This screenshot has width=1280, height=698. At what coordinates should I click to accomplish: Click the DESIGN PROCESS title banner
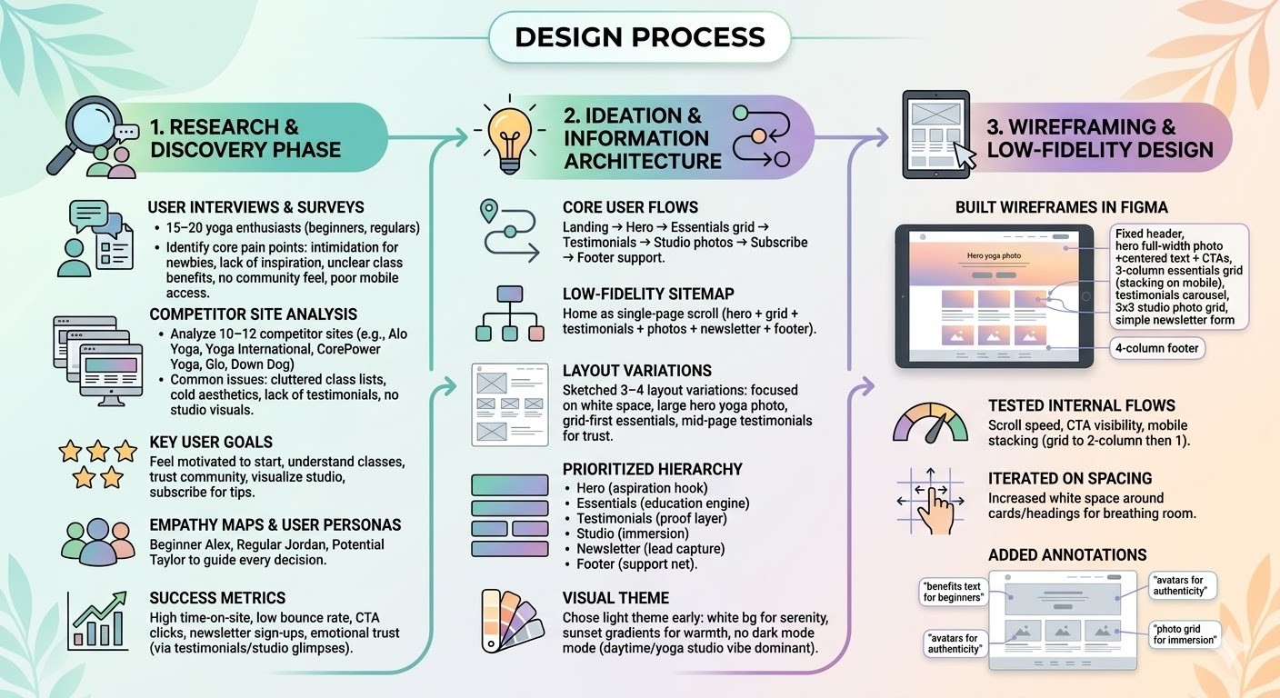point(639,37)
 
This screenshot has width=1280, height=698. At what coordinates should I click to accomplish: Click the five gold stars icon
point(96,462)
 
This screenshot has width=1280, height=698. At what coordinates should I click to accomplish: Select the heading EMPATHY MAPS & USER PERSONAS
point(275,524)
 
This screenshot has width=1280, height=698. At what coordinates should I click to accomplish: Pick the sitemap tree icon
point(509,313)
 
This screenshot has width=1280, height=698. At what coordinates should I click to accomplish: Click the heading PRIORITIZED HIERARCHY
point(652,469)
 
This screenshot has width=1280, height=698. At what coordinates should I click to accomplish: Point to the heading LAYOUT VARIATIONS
point(636,371)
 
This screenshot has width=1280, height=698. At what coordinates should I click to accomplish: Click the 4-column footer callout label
point(1157,348)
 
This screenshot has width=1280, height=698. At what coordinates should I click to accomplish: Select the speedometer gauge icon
point(929,424)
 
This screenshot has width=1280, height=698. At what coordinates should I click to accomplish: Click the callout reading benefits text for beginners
point(952,591)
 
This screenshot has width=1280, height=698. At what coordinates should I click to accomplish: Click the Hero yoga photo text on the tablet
point(993,255)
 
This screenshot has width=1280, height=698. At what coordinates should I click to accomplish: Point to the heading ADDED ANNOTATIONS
point(1067,554)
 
